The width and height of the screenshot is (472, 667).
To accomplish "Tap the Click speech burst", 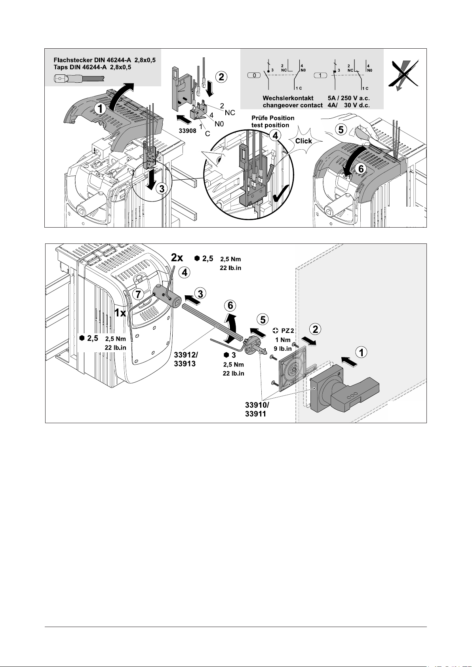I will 303,141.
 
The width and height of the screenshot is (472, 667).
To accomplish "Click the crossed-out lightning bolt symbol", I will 403,76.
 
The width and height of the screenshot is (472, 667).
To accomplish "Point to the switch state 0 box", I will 254,75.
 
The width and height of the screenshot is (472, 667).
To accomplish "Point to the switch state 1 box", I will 320,75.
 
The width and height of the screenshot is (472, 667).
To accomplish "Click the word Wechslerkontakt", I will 288,98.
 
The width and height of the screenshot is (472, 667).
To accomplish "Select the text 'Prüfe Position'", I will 273,118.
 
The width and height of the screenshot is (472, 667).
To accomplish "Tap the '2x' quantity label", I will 177,258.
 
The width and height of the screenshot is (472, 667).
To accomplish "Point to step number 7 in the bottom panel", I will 138,295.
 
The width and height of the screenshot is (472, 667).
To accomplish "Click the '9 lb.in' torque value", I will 283,349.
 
